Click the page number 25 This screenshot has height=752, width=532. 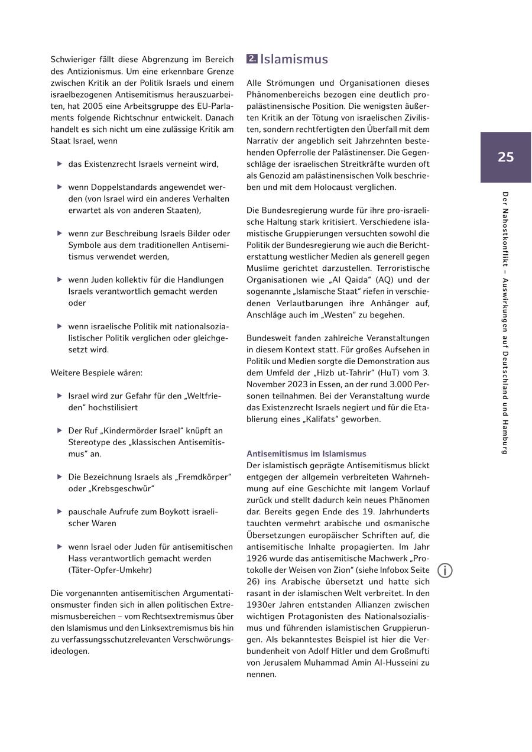pyautogui.click(x=505, y=157)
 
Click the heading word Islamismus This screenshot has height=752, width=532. pyautogui.click(x=294, y=59)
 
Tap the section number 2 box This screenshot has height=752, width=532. pyautogui.click(x=252, y=59)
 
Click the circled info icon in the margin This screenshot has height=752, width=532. pyautogui.click(x=445, y=571)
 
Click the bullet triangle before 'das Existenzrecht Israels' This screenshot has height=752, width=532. pyautogui.click(x=60, y=164)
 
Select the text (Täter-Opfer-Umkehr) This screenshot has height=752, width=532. pyautogui.click(x=110, y=570)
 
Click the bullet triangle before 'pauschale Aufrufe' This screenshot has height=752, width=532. pyautogui.click(x=60, y=511)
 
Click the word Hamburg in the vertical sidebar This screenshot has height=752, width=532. pyautogui.click(x=505, y=435)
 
